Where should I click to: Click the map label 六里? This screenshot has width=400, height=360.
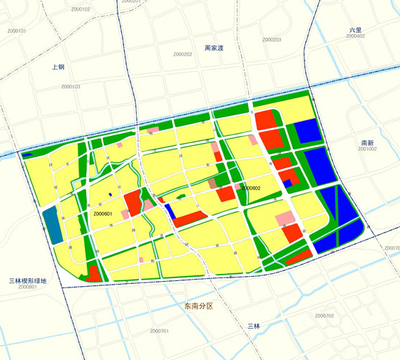coord(356,30)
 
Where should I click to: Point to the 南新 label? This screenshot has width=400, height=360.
coord(368,144)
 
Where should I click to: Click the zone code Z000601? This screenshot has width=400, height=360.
coord(102,213)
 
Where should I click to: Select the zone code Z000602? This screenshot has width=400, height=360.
coord(249,188)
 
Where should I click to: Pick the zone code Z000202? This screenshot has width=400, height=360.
coord(182,55)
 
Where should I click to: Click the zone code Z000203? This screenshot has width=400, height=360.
coord(270,40)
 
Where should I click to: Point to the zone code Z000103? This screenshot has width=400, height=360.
coord(71,87)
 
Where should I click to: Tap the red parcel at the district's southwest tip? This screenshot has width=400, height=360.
coord(93,271)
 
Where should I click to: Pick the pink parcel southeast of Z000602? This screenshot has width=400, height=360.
coord(286,218)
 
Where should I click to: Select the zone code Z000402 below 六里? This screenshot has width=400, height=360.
coord(354,37)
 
